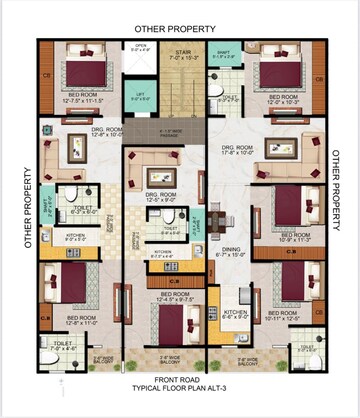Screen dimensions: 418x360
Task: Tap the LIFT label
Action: coord(142,98)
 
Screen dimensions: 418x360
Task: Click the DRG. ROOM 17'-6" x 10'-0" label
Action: coord(238,151)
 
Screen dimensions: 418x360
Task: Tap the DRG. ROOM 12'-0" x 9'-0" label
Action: coord(162,197)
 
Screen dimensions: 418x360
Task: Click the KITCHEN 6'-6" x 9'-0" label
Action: coord(236,316)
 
